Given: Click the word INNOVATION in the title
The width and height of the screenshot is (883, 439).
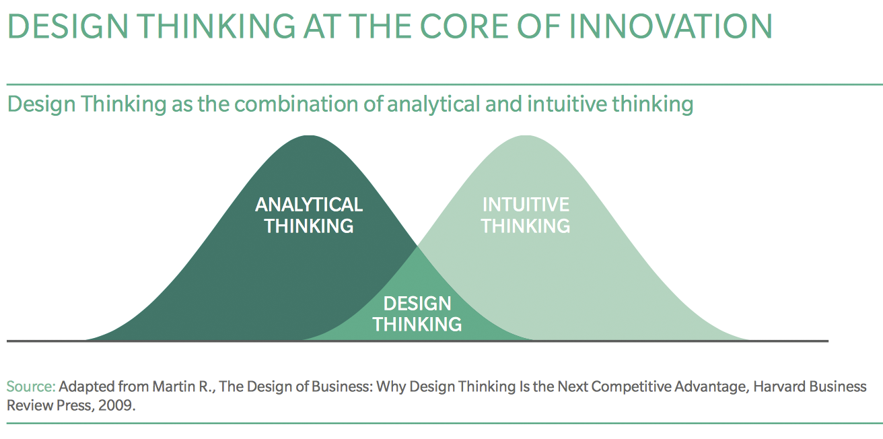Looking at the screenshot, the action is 670,26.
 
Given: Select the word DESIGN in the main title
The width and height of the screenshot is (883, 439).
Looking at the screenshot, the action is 68,26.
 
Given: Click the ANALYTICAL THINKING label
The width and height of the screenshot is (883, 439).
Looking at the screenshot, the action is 309,215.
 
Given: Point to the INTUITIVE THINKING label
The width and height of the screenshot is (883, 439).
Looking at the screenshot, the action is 526,215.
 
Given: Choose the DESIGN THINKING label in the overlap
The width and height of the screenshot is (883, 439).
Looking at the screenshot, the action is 417,314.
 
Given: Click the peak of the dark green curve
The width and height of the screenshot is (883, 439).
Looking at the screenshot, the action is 310,136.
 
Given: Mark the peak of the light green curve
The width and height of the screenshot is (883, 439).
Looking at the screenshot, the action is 526,136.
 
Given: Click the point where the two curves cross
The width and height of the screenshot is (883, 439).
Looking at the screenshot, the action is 417,246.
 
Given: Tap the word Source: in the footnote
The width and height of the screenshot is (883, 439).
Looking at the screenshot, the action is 31,386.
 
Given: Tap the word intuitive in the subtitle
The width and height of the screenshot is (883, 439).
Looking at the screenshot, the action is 567,104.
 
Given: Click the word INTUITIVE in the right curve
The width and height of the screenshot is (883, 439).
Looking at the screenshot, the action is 526,205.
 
